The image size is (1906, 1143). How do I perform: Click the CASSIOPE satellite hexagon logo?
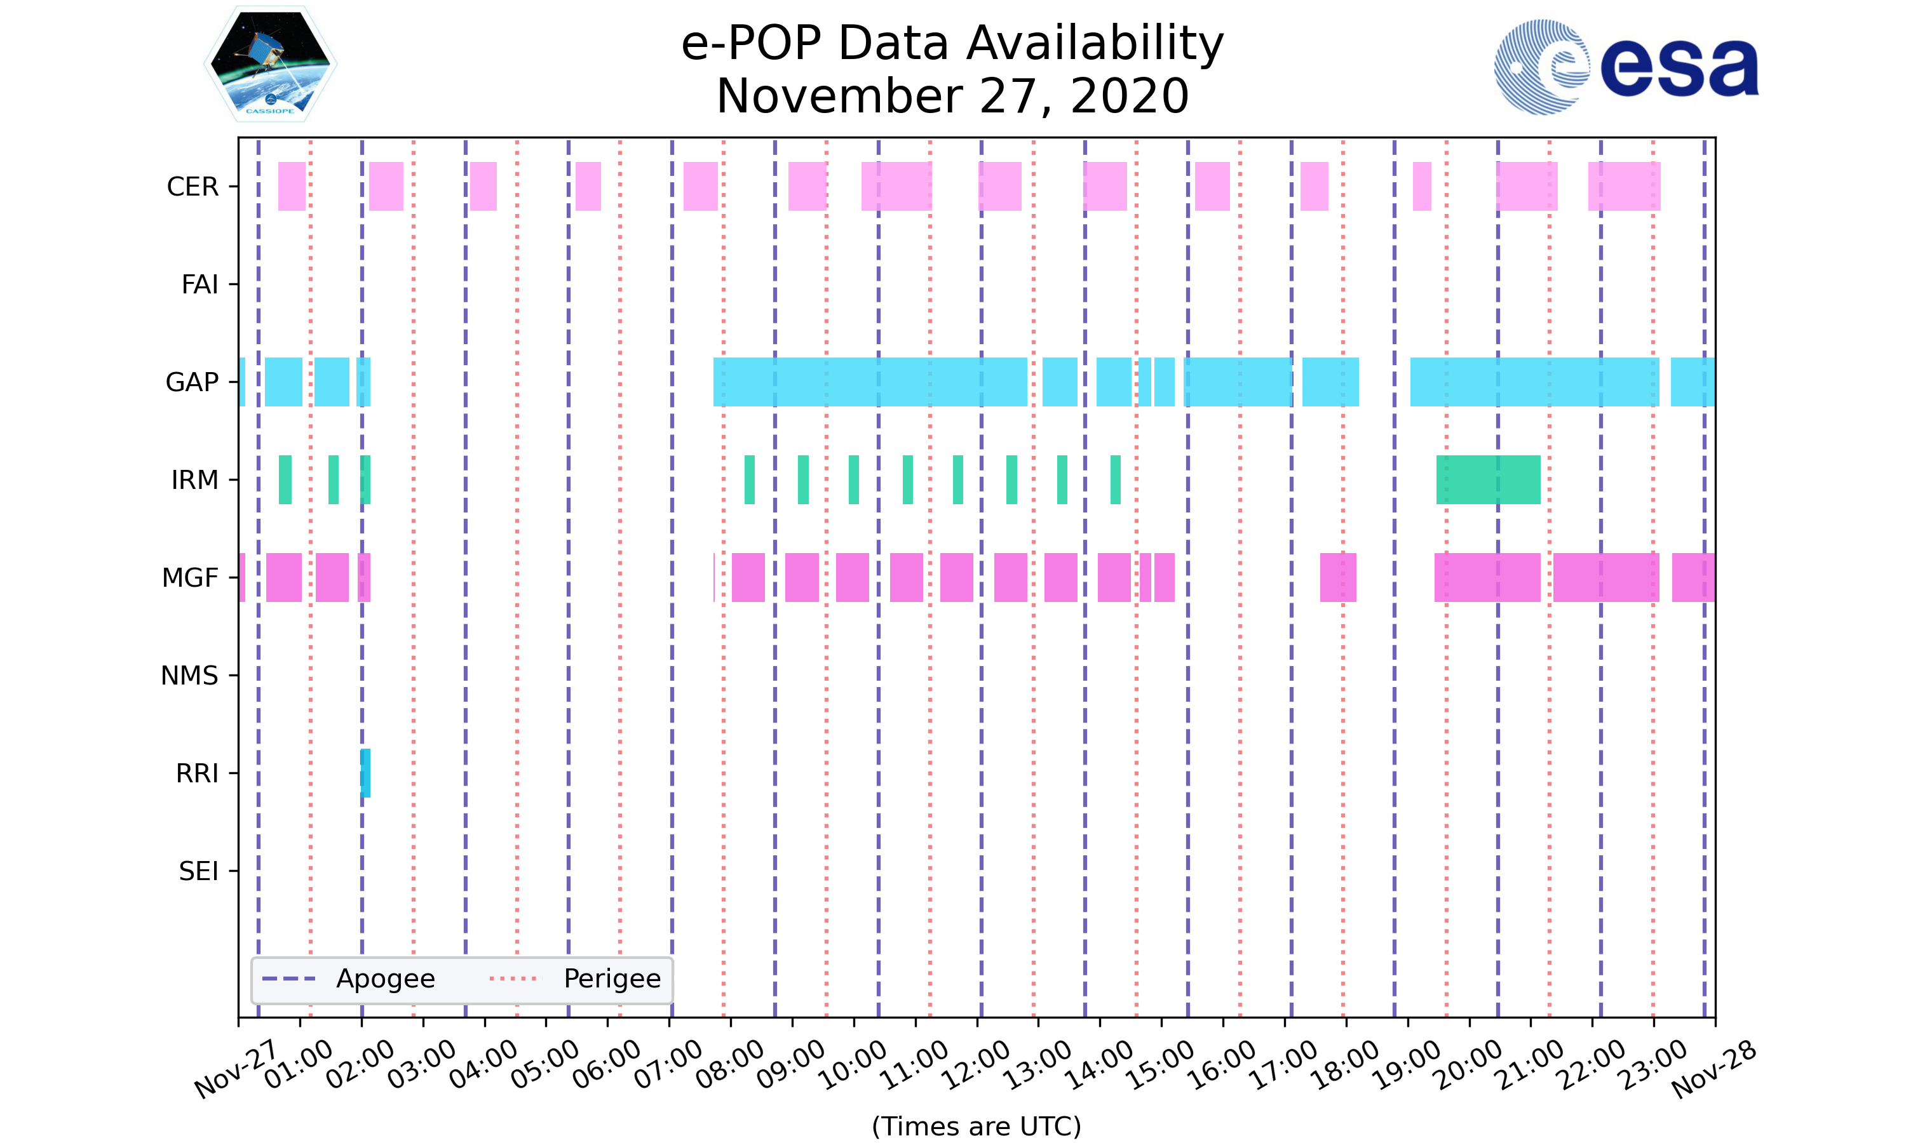tap(269, 64)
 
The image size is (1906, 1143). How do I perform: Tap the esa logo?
tap(1626, 68)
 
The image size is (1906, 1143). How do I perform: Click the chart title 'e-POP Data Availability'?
tap(952, 43)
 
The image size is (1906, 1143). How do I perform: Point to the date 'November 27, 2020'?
tap(952, 97)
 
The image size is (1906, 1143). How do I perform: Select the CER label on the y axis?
tap(193, 187)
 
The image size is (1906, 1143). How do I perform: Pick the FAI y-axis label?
tap(199, 285)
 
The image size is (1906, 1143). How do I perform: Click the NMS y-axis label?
tap(189, 676)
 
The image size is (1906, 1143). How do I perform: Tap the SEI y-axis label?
tap(199, 872)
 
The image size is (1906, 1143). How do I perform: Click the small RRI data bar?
tap(365, 773)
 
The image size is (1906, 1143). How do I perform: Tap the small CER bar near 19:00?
tap(1421, 187)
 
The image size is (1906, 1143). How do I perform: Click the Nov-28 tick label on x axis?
tap(1713, 1069)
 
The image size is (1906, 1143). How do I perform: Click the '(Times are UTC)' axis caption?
tap(976, 1126)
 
